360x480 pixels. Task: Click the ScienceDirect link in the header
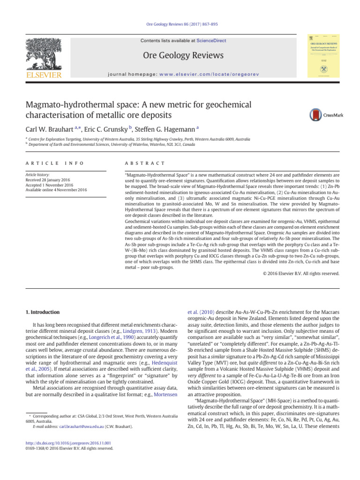tap(211, 41)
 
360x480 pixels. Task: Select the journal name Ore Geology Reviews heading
tap(180, 56)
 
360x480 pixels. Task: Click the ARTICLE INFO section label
tap(54, 163)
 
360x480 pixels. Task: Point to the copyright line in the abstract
tap(301, 273)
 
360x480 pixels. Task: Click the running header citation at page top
tap(180, 24)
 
